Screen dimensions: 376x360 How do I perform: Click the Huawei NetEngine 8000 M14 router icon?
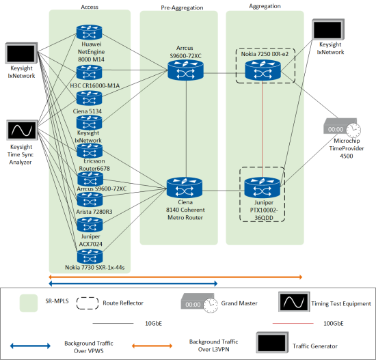(x=89, y=32)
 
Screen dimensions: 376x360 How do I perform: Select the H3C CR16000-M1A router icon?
(x=89, y=72)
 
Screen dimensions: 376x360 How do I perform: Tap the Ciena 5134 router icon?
(x=89, y=98)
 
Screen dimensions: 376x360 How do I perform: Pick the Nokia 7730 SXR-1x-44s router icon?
(x=90, y=256)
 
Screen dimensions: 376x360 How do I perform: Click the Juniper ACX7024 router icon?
(x=90, y=225)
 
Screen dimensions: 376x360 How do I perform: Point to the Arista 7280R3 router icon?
(x=90, y=199)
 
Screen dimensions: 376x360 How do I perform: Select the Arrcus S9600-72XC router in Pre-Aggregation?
(x=185, y=70)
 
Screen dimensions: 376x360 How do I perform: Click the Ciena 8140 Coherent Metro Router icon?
(x=185, y=188)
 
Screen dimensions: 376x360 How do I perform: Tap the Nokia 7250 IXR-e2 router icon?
(x=263, y=70)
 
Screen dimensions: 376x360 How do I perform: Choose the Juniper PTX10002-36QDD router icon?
(x=263, y=188)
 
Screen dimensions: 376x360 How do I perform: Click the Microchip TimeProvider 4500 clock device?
(x=343, y=128)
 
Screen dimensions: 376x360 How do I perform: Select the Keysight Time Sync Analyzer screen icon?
(x=22, y=130)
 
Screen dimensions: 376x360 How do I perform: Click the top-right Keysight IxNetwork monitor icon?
(x=328, y=29)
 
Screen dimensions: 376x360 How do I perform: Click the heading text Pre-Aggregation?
(x=182, y=8)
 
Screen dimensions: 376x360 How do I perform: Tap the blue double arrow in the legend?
(x=30, y=346)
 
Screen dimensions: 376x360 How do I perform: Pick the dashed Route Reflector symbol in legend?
(x=88, y=303)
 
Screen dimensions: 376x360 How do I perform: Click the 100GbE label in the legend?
(x=334, y=324)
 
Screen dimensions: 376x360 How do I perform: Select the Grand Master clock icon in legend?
(x=200, y=303)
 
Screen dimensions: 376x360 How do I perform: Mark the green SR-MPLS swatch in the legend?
(x=29, y=303)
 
